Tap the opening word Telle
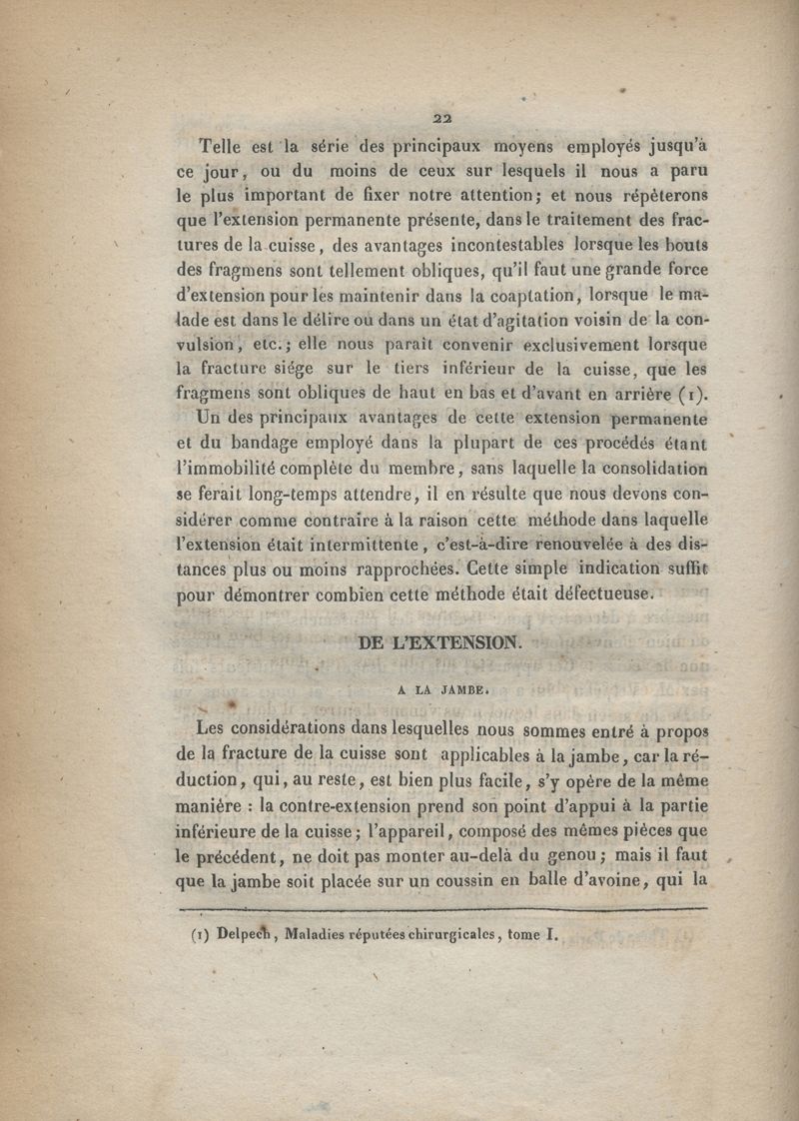point(226,143)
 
